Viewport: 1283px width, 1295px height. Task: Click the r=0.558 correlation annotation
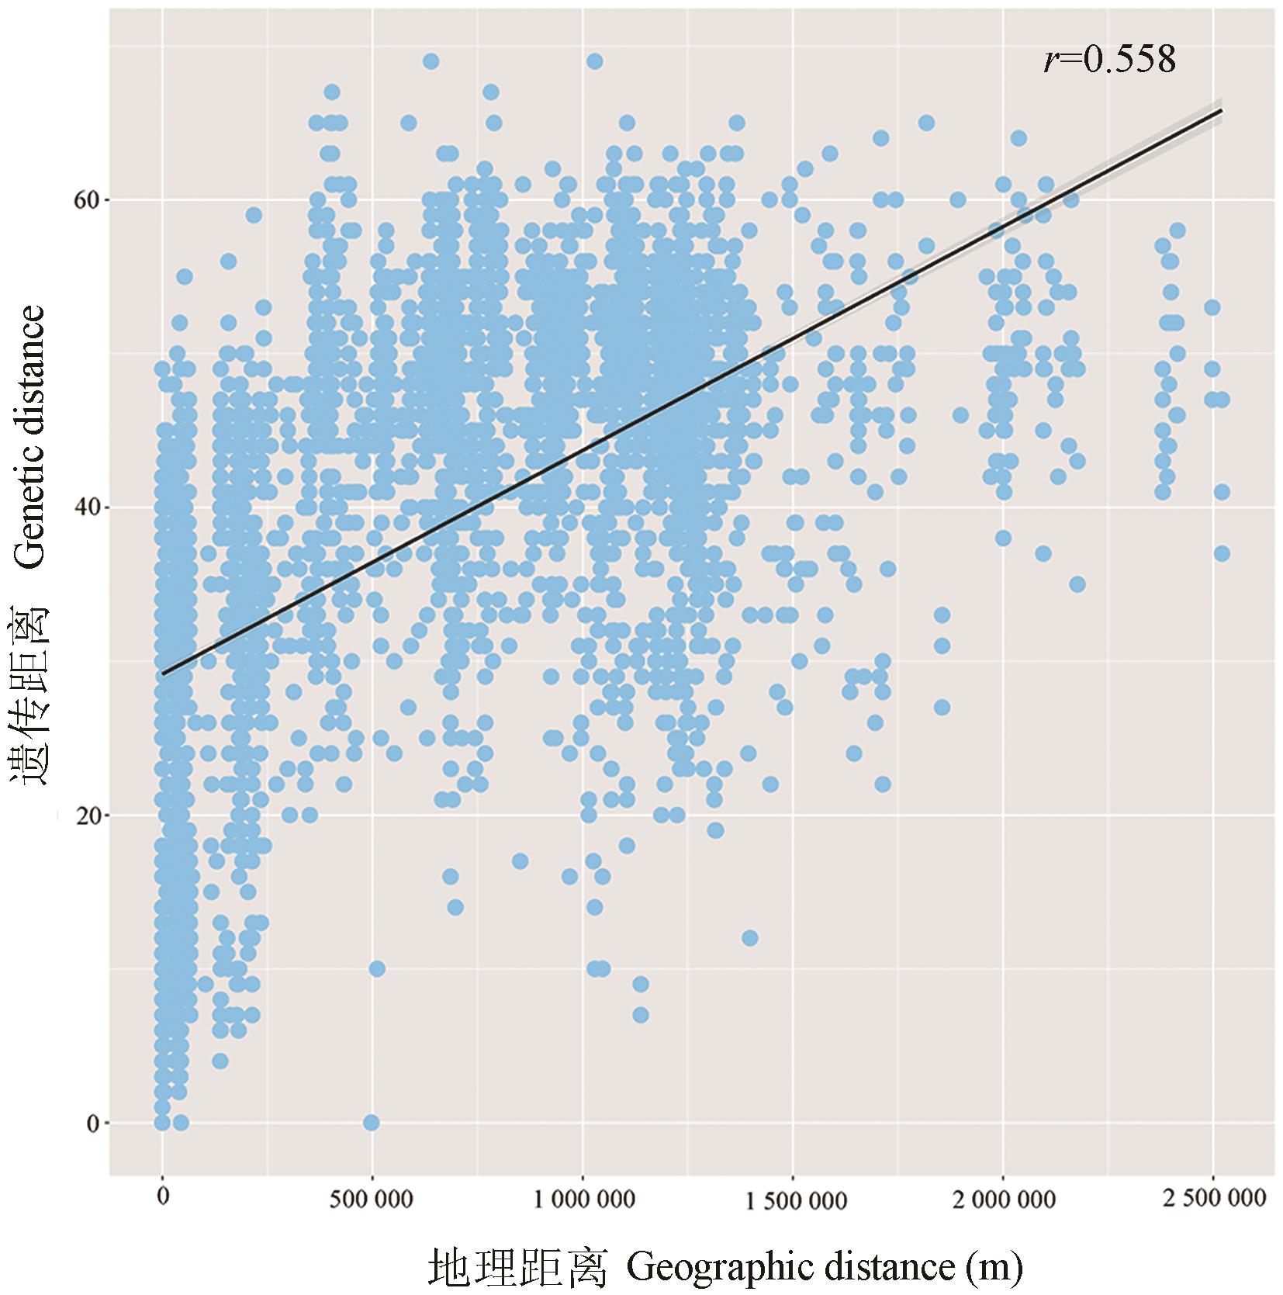[x=1109, y=60]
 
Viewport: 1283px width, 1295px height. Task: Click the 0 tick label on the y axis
[x=92, y=1123]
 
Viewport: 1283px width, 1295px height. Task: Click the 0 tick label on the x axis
[x=162, y=1199]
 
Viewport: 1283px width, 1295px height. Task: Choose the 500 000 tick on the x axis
[x=372, y=1199]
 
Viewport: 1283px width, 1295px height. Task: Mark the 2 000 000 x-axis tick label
[x=1002, y=1199]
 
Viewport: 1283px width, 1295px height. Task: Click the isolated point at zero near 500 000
[x=372, y=1123]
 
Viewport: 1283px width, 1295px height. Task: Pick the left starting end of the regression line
[x=163, y=673]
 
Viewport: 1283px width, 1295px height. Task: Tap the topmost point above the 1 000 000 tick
[x=594, y=61]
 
